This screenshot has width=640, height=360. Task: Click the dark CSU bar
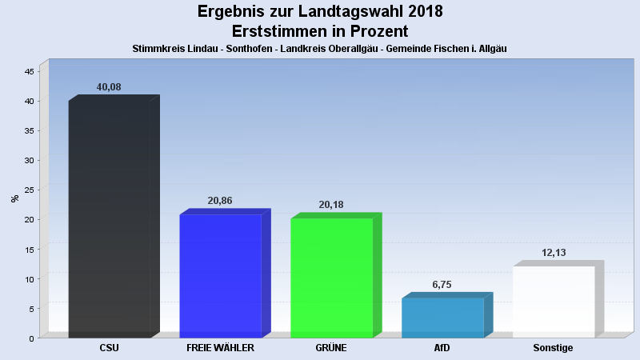click(x=110, y=220)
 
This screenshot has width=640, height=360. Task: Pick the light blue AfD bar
click(x=442, y=318)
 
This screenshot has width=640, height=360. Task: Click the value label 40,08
click(x=109, y=87)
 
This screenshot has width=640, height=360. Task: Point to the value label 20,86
click(x=220, y=201)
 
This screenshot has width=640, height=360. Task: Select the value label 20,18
click(x=331, y=205)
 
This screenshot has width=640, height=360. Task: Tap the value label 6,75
click(x=442, y=284)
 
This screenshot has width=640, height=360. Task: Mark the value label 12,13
click(x=554, y=253)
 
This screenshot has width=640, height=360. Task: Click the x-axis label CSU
click(x=110, y=348)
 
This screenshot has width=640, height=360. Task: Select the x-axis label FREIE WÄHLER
click(x=220, y=348)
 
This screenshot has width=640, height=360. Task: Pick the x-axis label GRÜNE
click(x=331, y=348)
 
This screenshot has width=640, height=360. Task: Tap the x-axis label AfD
click(x=442, y=348)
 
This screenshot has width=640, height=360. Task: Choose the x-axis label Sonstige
click(x=554, y=348)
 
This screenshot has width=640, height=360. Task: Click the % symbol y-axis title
click(x=15, y=198)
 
